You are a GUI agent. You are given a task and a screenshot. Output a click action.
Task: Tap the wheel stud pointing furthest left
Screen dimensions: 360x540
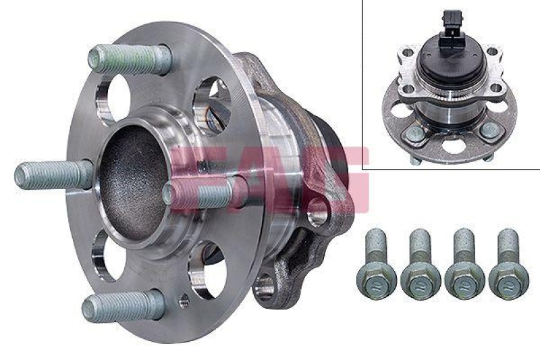(51, 176)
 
